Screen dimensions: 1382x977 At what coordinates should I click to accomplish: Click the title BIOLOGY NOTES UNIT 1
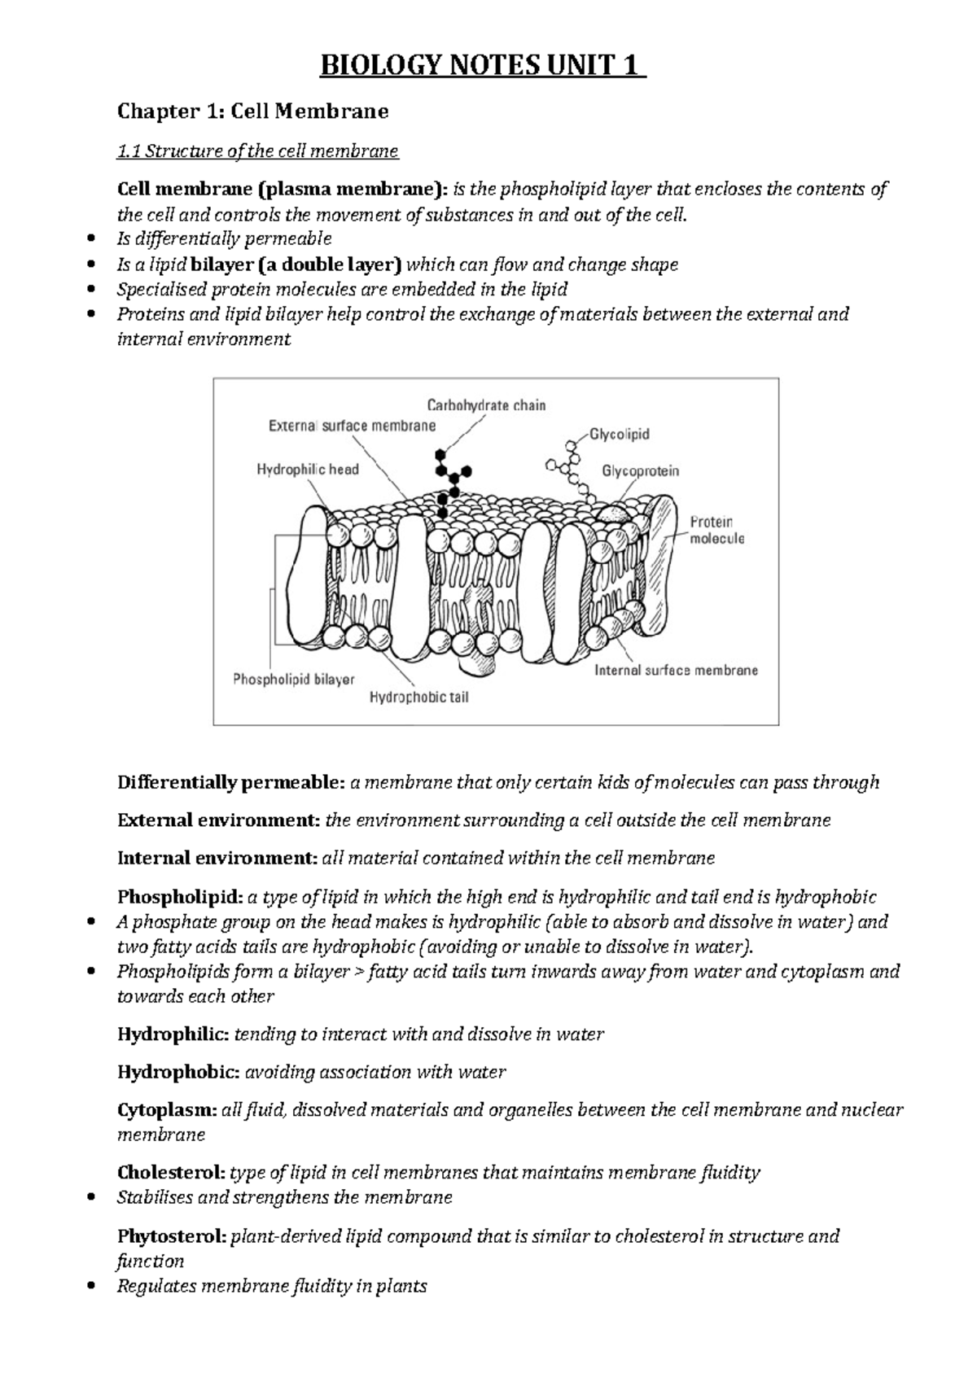482,65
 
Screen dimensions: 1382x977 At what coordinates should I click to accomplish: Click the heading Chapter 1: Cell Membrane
252,111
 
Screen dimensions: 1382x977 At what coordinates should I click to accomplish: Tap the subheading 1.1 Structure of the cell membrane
258,151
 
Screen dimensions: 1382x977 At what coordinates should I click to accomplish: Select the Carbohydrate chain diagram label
486,405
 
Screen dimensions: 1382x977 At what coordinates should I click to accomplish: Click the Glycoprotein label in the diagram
640,470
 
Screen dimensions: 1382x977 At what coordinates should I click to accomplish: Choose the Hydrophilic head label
308,470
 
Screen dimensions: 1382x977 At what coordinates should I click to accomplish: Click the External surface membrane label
352,426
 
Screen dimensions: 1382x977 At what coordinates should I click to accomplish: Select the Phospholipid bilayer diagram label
293,678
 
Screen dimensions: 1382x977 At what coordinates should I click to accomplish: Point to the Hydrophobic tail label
418,698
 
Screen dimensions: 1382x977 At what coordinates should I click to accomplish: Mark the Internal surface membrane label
676,671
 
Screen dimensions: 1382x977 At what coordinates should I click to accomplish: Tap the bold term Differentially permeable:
231,783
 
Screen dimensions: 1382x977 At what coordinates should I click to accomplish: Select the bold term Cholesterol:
172,1173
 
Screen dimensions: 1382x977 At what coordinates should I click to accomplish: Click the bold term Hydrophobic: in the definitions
178,1072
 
